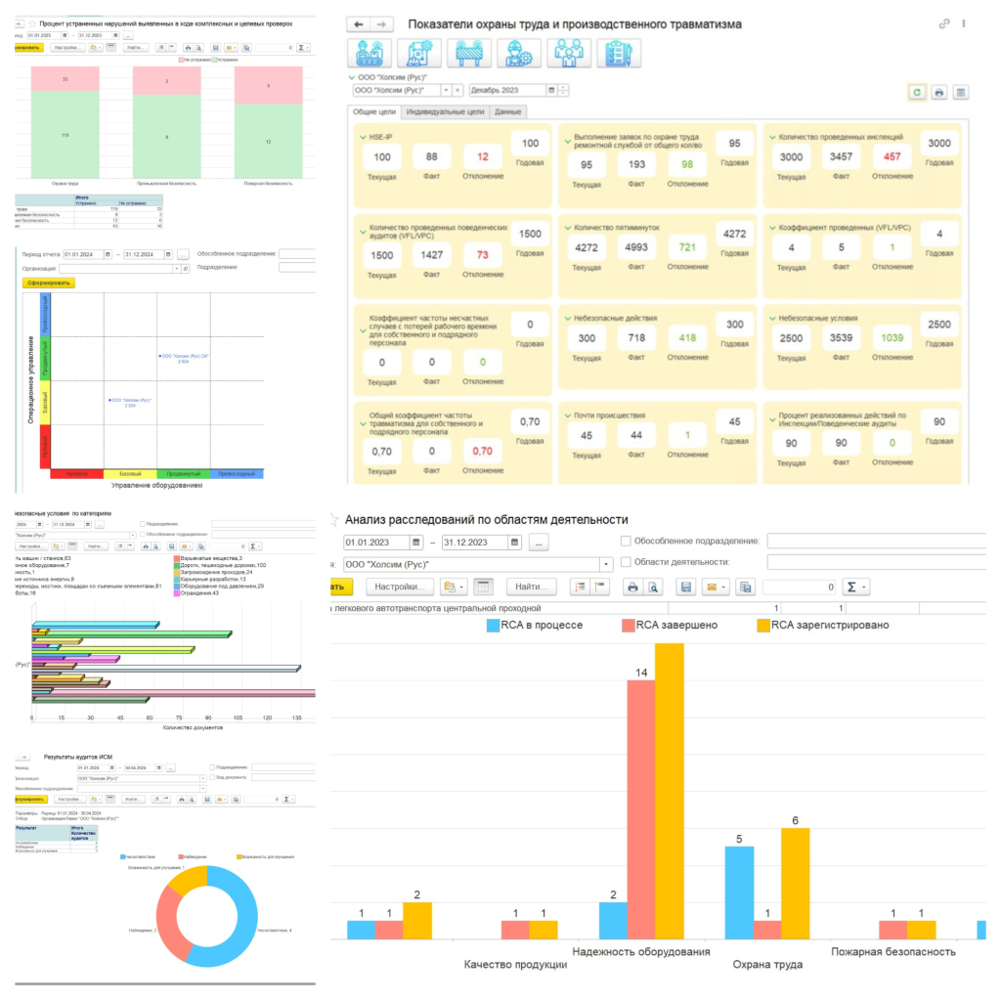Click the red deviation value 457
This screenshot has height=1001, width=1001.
890,156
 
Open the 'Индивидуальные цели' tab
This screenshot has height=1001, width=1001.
445,112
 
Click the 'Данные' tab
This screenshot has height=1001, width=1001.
507,112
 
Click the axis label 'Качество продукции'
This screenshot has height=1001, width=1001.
515,965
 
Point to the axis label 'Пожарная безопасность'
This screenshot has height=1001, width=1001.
892,951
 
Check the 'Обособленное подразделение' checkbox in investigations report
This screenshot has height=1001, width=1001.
626,542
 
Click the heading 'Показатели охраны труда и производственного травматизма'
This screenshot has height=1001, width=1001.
574,23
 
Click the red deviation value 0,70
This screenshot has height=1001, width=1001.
483,452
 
